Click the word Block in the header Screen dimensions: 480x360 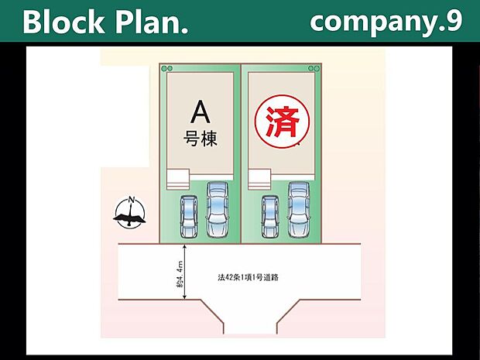pos(63,22)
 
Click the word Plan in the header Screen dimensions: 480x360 pos(148,22)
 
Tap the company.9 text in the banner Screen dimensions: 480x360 pos(386,22)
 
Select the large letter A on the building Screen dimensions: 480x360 pos(201,112)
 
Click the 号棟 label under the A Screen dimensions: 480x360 pos(201,139)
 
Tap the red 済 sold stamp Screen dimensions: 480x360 pos(283,122)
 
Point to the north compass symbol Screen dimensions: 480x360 pos(130,212)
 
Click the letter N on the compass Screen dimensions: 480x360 pos(132,200)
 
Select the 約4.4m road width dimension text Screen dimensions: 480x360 pos(180,274)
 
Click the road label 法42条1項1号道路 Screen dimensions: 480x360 pos(248,277)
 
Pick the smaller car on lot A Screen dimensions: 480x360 pos(189,217)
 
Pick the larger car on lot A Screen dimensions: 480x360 pos(218,210)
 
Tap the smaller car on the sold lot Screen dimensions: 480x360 pos(270,217)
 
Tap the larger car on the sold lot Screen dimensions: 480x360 pos(299,210)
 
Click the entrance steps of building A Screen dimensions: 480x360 pos(178,180)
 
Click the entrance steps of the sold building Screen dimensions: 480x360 pos(259,180)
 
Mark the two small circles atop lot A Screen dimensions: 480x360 pos(167,68)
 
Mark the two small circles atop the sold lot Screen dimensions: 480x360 pos(314,68)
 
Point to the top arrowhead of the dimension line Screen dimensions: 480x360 pos(184,247)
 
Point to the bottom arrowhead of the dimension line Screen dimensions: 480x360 pos(184,297)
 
